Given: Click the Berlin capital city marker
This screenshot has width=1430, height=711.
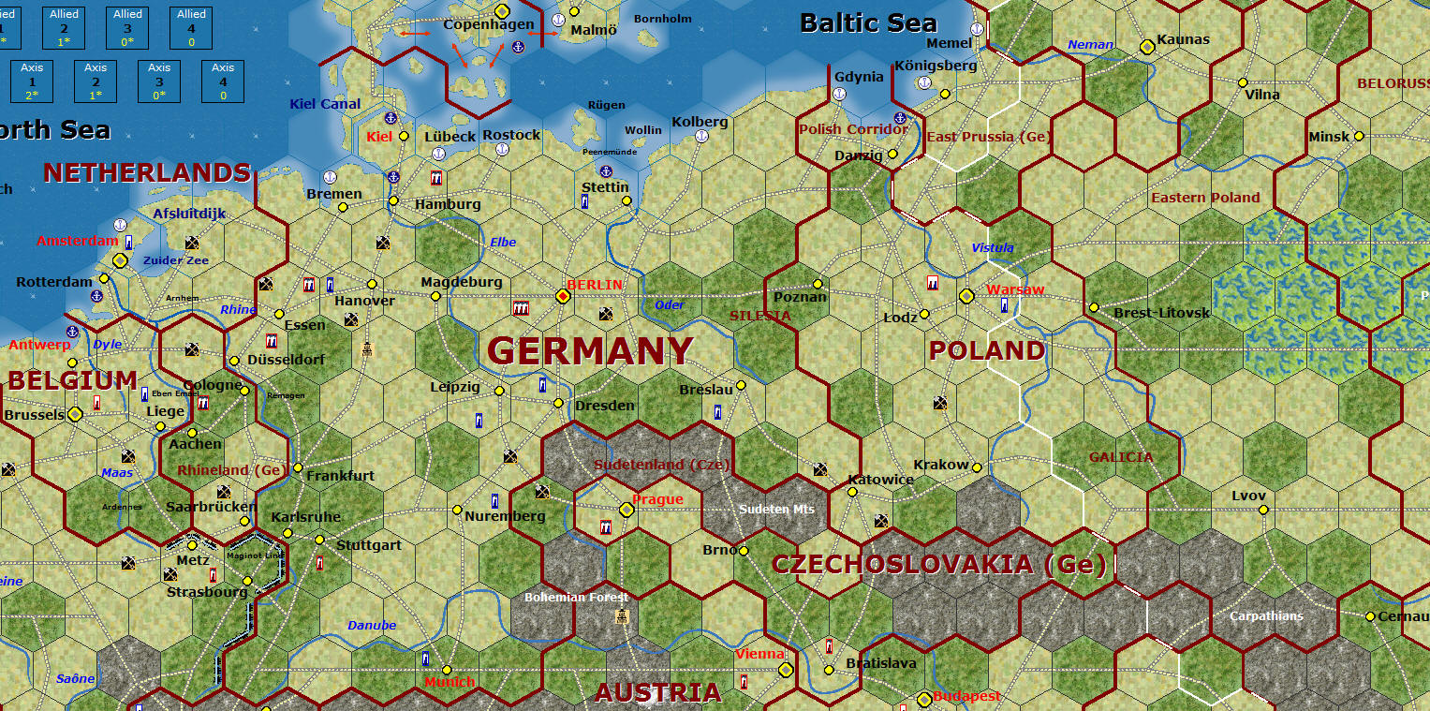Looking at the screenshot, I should [x=563, y=296].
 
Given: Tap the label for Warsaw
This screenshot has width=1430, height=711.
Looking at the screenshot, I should [x=1014, y=289].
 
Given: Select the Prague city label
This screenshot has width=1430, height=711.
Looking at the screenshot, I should [x=657, y=499].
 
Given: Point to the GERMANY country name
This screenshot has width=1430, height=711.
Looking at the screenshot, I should [x=590, y=351].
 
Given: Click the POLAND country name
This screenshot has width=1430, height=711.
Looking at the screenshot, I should [x=986, y=351].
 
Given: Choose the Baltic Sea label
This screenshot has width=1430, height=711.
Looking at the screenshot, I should [x=868, y=23].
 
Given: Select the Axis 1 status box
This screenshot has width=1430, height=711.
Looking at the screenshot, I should [x=32, y=81].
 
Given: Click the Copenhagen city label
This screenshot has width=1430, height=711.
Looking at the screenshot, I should [x=488, y=24].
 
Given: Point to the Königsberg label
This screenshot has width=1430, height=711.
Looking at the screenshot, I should [x=936, y=66].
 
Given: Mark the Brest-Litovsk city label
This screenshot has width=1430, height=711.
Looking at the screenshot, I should [x=1161, y=312].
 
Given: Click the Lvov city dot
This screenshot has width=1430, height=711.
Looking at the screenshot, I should [x=1263, y=510].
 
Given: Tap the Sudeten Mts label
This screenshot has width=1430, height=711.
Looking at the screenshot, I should [x=776, y=510].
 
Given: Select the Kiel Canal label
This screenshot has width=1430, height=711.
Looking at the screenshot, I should [x=325, y=104].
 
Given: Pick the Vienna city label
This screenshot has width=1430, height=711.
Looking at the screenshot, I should [x=759, y=654].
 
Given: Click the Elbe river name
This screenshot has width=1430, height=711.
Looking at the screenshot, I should [x=503, y=243].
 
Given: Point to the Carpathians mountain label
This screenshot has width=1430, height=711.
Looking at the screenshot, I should [x=1266, y=616].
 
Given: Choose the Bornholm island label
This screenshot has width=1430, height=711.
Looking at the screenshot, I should [x=662, y=19].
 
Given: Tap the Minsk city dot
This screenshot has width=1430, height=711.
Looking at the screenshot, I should [x=1359, y=136].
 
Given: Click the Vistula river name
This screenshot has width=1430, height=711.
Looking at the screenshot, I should [x=993, y=248].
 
